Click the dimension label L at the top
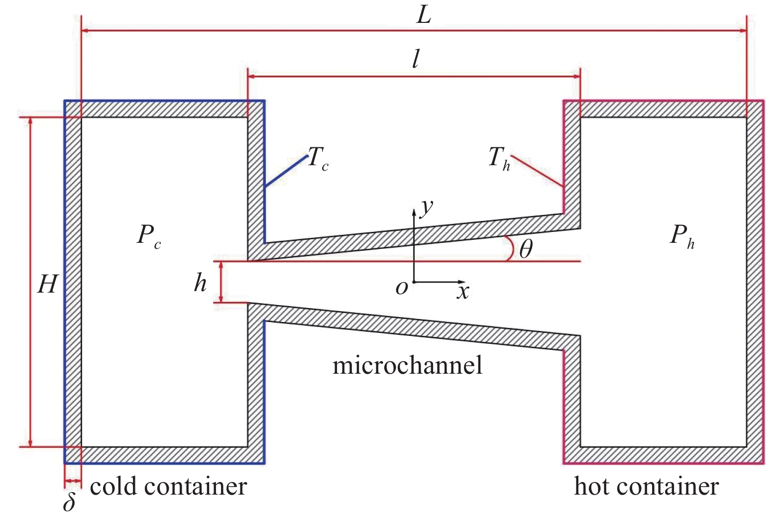[424, 16]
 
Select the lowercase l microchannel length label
[416, 59]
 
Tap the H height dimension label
[47, 284]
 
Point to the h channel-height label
[200, 283]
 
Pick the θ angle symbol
[526, 249]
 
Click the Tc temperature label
[318, 158]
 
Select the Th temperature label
[499, 159]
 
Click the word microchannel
[407, 365]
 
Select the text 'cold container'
[168, 486]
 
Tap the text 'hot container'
[647, 486]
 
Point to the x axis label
[463, 291]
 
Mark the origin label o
[402, 288]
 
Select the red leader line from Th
[537, 171]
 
